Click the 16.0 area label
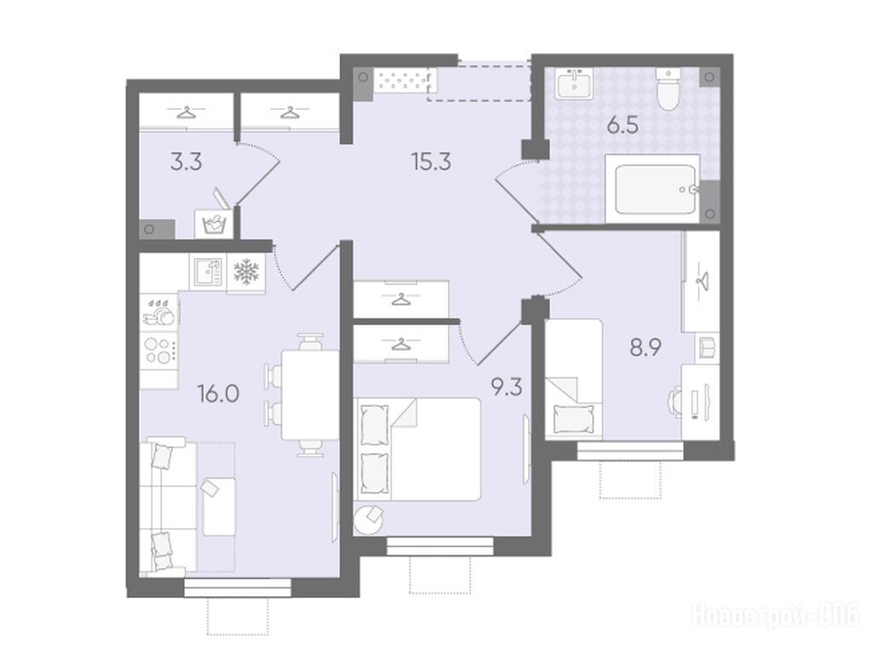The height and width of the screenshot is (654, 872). pos(219,394)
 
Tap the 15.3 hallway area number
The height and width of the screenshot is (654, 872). pos(431,162)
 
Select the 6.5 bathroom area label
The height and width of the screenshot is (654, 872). pos(622,126)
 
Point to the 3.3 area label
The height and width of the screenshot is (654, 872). pos(186,163)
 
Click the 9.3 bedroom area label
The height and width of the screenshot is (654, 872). pos(506,387)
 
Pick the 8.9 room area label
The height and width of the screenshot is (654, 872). pos(645,348)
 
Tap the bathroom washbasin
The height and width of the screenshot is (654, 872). pos(574,83)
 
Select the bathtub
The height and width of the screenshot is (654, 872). pos(652,188)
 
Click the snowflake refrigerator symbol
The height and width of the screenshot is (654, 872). pos(246,272)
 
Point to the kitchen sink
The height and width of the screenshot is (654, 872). pos(208,272)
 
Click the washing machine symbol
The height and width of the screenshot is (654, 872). pos(212,224)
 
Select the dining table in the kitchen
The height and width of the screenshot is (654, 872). pos(310,395)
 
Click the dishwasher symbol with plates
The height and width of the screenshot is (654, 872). pos(159,312)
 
